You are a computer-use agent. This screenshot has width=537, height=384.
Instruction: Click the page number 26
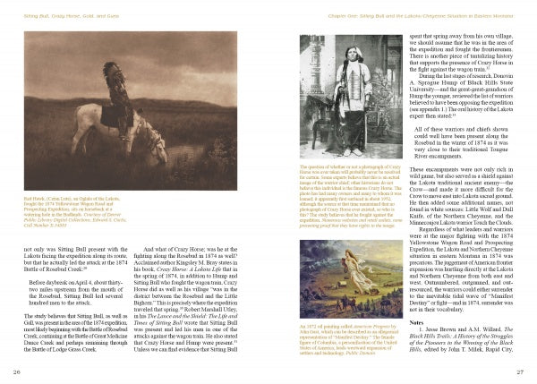tap(16, 371)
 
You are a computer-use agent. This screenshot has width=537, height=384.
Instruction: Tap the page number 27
tap(520, 371)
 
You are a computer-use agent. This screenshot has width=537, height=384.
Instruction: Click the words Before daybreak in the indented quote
tap(50, 281)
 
